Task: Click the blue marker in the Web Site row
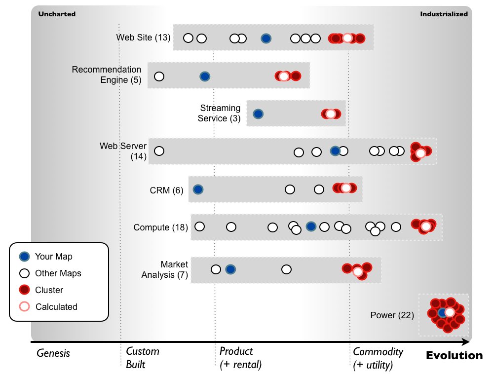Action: pyautogui.click(x=266, y=38)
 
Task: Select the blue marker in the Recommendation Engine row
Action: pyautogui.click(x=205, y=76)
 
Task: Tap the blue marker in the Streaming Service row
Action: pyautogui.click(x=258, y=114)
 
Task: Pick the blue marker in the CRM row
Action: pyautogui.click(x=198, y=189)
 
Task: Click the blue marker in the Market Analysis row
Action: pyautogui.click(x=230, y=269)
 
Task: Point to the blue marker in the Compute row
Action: pyautogui.click(x=311, y=226)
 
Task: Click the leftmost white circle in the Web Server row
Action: pyautogui.click(x=159, y=151)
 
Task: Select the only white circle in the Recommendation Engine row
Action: pyautogui.click(x=159, y=76)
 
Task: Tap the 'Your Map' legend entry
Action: pyautogui.click(x=53, y=257)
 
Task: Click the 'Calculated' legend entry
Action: pyautogui.click(x=56, y=306)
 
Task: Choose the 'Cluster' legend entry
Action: pyautogui.click(x=49, y=290)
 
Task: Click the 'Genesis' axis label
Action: pyautogui.click(x=53, y=353)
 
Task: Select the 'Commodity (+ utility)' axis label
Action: pyautogui.click(x=378, y=358)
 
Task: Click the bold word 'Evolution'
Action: pyautogui.click(x=454, y=355)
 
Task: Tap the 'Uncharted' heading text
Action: pyautogui.click(x=57, y=14)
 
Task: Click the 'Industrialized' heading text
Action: pyautogui.click(x=444, y=14)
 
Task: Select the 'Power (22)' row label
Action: pyautogui.click(x=392, y=315)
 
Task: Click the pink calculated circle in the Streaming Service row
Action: pyautogui.click(x=331, y=114)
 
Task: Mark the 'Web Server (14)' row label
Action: pyautogui.click(x=123, y=151)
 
